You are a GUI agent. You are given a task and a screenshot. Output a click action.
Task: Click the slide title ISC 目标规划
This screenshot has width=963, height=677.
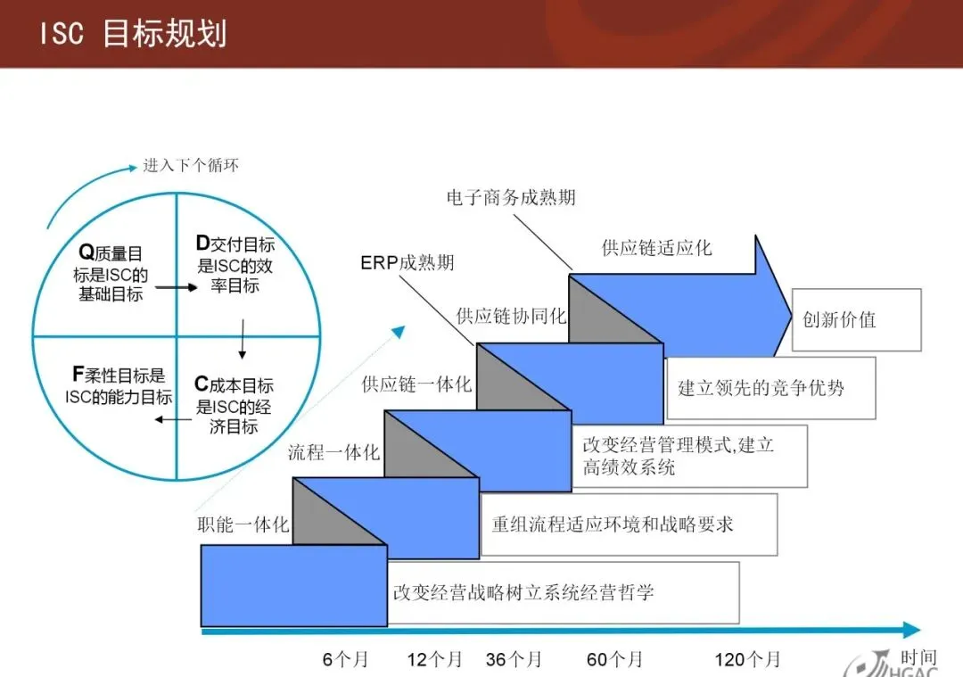coord(133,34)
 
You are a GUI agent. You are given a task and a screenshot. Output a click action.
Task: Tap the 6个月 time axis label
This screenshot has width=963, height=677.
coord(345,660)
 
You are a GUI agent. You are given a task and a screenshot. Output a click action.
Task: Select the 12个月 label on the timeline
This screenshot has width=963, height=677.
coord(435,660)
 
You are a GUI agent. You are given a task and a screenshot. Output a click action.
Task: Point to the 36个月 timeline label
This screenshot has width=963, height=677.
coord(514,660)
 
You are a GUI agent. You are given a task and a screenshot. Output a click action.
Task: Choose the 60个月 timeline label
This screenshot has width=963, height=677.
coord(614,660)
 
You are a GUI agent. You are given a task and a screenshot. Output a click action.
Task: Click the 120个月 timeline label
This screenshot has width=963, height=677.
coord(747,660)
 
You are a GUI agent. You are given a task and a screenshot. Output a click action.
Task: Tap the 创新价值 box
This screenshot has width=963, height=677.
coord(856,319)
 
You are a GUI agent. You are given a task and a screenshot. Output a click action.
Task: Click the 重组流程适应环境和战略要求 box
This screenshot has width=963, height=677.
coord(628,524)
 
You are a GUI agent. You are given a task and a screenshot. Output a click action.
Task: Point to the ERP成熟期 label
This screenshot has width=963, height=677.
coord(407,262)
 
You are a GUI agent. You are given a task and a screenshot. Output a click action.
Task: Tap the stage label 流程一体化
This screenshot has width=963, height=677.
coord(333,452)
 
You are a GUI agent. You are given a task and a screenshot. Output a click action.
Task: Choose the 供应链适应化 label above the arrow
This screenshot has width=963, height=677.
coord(657,248)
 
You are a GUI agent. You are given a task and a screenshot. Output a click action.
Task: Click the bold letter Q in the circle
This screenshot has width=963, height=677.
coord(86,254)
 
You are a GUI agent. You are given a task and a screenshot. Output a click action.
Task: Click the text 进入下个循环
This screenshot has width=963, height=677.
coord(191,166)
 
